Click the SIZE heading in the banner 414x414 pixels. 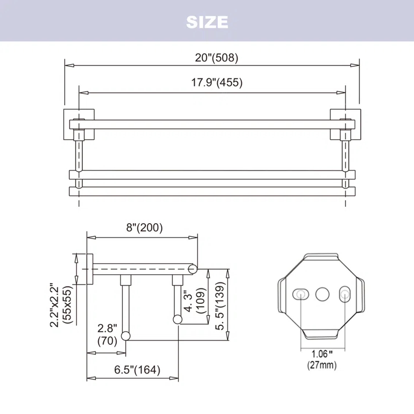click(x=207, y=22)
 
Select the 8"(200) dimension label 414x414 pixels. click(x=144, y=228)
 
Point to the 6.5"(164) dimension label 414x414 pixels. click(x=137, y=370)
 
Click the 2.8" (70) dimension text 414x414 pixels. click(x=107, y=334)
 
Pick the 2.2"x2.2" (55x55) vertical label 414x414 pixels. click(x=61, y=305)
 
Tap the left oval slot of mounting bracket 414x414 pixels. click(x=300, y=294)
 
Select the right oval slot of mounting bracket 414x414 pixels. click(x=345, y=294)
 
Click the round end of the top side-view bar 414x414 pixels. click(x=192, y=269)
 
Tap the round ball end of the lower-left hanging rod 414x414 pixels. click(x=126, y=336)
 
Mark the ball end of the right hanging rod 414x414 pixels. click(x=178, y=319)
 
